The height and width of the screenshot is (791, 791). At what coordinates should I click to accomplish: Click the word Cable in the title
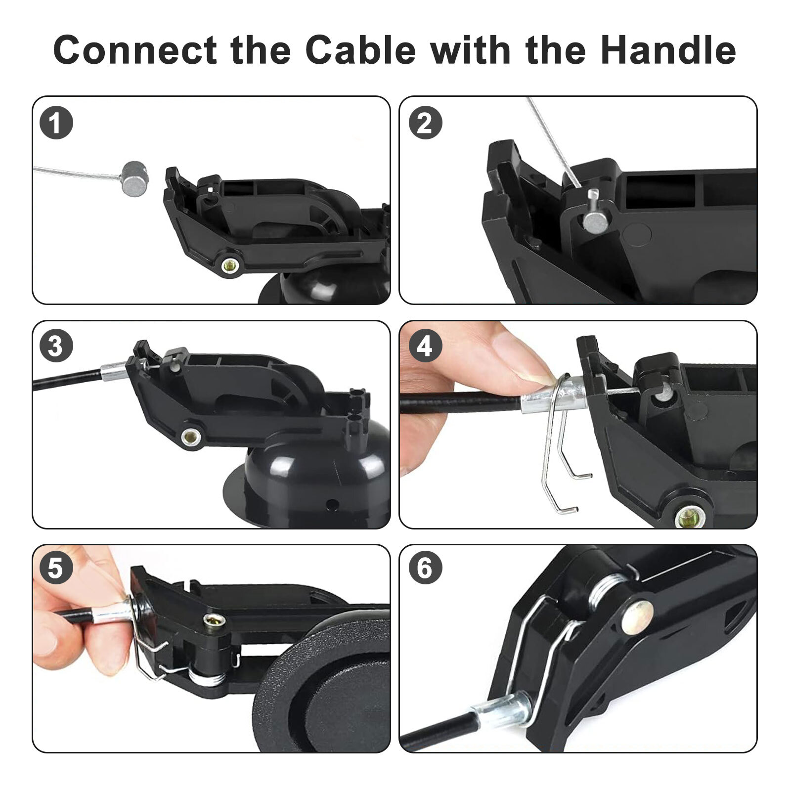(x=360, y=50)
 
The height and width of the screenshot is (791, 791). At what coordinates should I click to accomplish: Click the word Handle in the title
(x=668, y=50)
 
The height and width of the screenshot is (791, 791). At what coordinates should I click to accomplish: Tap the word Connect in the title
(x=135, y=50)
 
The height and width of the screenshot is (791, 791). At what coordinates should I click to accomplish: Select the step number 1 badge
(x=56, y=123)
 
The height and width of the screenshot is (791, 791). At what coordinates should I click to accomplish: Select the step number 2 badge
(x=425, y=123)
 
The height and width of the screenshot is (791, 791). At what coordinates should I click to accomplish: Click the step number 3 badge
(x=56, y=346)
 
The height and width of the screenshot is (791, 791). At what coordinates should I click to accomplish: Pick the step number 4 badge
(x=425, y=346)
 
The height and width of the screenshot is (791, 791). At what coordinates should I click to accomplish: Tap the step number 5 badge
(x=56, y=568)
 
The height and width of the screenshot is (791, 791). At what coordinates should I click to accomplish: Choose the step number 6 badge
(x=425, y=568)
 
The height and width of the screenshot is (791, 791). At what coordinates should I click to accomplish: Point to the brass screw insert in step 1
(x=229, y=266)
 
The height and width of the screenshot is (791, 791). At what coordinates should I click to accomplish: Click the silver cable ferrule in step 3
(x=114, y=371)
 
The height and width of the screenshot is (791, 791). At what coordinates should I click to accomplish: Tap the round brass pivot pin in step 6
(x=638, y=616)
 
